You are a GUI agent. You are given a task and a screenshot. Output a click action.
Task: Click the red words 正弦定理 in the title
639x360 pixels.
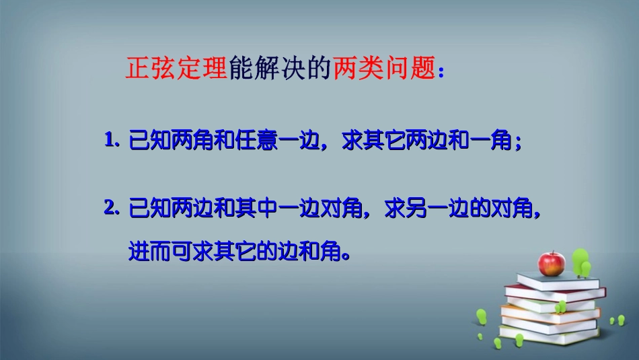177,69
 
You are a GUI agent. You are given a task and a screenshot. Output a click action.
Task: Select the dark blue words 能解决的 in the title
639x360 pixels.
280,69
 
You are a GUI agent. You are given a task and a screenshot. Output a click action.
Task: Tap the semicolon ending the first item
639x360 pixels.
518,144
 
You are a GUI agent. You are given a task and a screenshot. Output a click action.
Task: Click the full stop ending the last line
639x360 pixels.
346,256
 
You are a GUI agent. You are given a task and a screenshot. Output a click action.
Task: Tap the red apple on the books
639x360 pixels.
552,264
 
